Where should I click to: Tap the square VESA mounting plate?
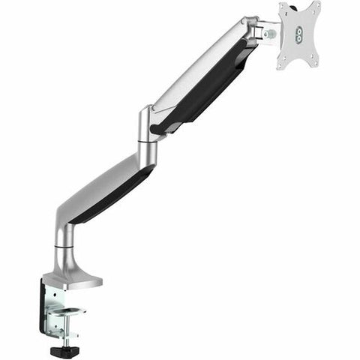299,34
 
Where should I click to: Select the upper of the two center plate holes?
298,29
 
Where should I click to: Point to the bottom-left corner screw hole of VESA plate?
283,62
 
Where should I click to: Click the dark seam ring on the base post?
63,244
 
